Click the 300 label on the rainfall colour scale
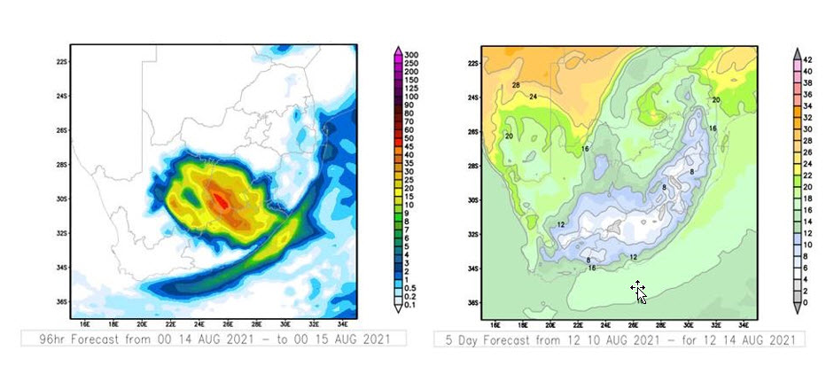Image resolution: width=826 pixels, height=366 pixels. (410, 55)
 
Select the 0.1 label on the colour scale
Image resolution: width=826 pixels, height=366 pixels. (410, 305)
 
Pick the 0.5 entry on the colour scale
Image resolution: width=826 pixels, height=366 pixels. (410, 288)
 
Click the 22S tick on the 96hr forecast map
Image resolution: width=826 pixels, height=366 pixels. (62, 63)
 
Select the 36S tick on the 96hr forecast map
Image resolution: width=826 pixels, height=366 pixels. (62, 301)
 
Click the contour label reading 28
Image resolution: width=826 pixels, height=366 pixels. (516, 85)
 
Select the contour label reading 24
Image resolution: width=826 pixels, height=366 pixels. (534, 97)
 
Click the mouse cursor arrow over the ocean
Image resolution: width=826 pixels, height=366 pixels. (640, 293)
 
